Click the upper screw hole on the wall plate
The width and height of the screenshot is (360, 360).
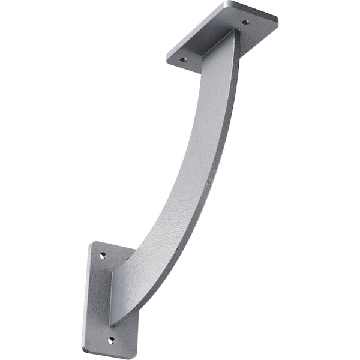coord(103,255)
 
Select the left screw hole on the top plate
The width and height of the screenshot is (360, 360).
coord(184,59)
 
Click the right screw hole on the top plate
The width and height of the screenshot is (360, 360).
coord(245,22)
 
